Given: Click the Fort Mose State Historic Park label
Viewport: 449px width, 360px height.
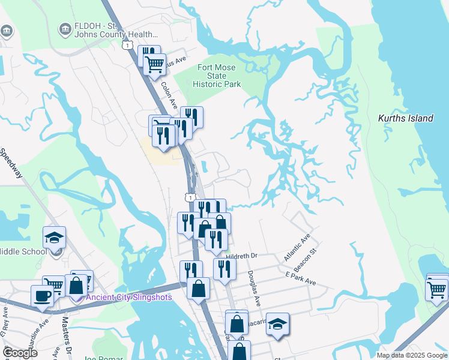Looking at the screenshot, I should (x=217, y=76).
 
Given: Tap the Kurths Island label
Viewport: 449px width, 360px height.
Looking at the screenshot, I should (x=405, y=118).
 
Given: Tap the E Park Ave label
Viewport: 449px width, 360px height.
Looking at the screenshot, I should (x=301, y=279).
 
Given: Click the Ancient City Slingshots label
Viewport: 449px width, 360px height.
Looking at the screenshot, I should (x=128, y=297).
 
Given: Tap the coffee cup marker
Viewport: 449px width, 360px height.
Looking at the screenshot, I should (x=42, y=296).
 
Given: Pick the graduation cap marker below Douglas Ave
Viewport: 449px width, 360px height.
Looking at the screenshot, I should (x=277, y=324).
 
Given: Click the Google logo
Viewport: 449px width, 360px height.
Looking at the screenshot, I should (x=20, y=353).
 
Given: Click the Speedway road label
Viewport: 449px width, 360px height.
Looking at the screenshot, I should (x=12, y=164).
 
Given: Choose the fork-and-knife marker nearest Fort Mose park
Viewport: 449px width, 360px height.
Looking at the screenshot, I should (x=191, y=116).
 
